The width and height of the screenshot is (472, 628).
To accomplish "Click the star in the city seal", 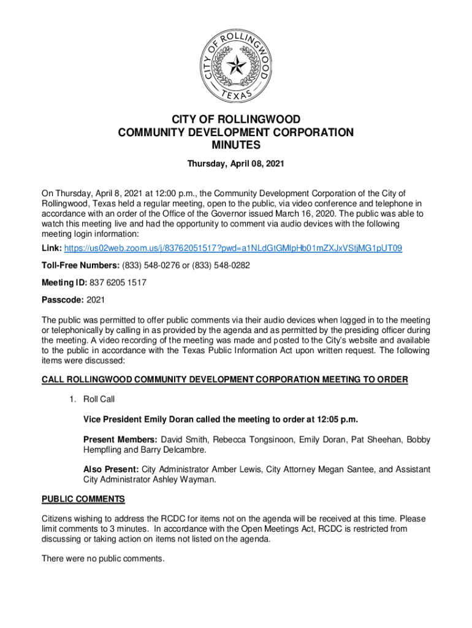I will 235,61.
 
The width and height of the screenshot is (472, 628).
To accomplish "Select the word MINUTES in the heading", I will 235,145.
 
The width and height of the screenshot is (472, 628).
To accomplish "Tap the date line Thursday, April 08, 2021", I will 235,164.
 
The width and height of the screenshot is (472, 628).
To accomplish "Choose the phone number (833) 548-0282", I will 221,264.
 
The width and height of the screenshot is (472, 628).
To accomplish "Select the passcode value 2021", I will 96,301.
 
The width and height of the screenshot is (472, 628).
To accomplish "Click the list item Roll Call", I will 99,399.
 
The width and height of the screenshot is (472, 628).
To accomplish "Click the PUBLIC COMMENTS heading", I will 83,499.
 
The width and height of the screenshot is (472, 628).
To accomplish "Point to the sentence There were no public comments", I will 103,559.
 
